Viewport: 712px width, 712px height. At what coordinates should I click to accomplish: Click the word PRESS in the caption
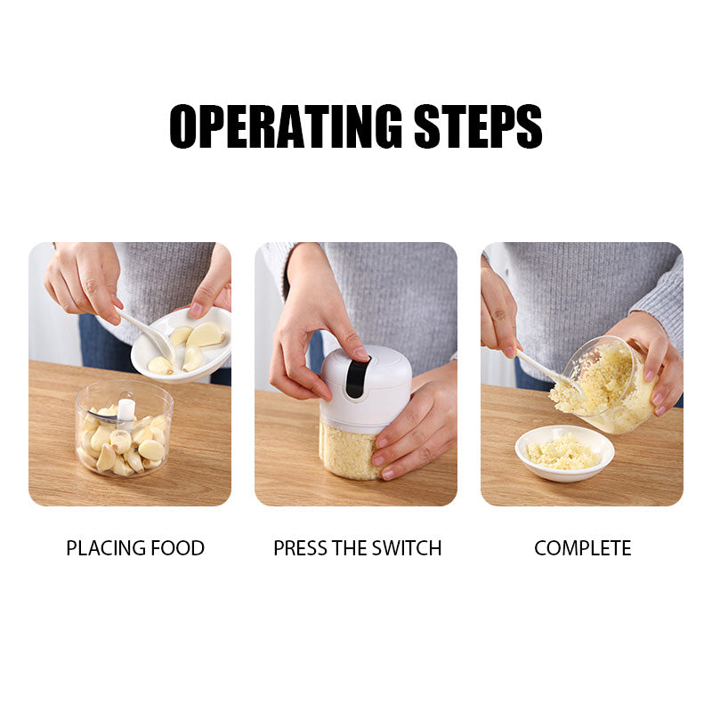[301, 548]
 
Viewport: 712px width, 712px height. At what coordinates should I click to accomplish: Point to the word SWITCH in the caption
[405, 548]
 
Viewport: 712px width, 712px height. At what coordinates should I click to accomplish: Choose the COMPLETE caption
[582, 548]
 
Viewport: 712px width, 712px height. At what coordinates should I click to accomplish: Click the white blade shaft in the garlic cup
[125, 409]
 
